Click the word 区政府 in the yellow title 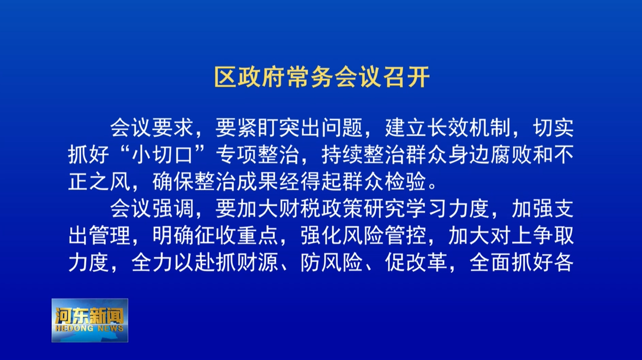(250, 76)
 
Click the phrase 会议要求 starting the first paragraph (152, 128)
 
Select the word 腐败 (511, 155)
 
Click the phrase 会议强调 (152, 208)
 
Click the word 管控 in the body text (405, 236)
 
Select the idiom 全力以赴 (173, 262)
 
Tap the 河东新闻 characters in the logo (89, 316)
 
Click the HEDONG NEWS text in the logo (89, 328)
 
